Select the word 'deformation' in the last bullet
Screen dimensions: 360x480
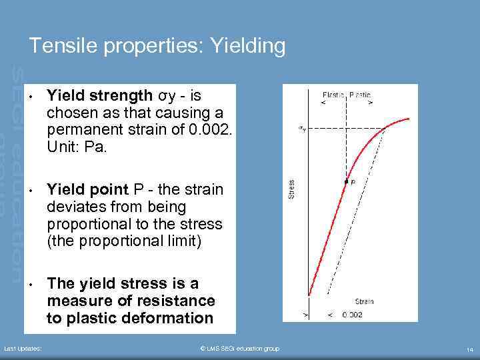[170, 319]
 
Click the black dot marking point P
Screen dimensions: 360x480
[346, 181]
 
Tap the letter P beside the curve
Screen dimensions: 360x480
[353, 181]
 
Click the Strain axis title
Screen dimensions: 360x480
[364, 301]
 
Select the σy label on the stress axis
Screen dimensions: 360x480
[302, 128]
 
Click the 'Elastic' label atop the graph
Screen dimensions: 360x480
[333, 95]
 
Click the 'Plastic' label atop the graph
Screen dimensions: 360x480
[360, 95]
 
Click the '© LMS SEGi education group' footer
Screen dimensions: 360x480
[240, 349]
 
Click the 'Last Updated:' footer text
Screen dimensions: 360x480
[23, 349]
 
